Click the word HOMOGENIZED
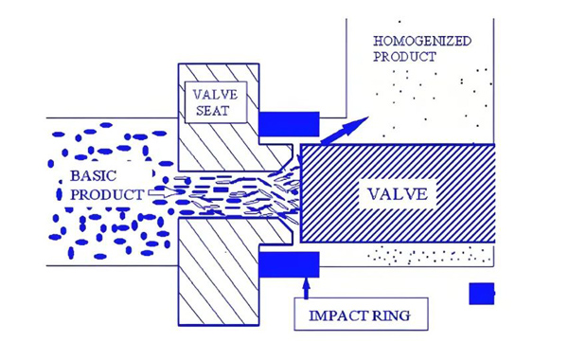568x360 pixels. tap(422, 41)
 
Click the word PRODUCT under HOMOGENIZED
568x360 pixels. tap(404, 57)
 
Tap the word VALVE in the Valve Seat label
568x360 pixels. tap(215, 95)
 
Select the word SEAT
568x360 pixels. tap(213, 111)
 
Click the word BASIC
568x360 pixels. tap(93, 176)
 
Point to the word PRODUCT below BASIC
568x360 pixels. tap(107, 194)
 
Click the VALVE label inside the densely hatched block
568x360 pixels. tap(398, 194)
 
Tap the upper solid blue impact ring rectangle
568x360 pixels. tap(289, 124)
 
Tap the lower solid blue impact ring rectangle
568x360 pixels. tap(289, 264)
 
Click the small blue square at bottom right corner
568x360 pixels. tap(482, 294)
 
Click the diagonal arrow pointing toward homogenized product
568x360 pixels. tap(345, 130)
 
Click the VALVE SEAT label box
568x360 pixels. tap(216, 102)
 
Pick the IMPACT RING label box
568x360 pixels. tap(362, 314)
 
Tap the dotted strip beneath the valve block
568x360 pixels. tap(430, 255)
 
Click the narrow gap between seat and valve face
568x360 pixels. tap(297, 193)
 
